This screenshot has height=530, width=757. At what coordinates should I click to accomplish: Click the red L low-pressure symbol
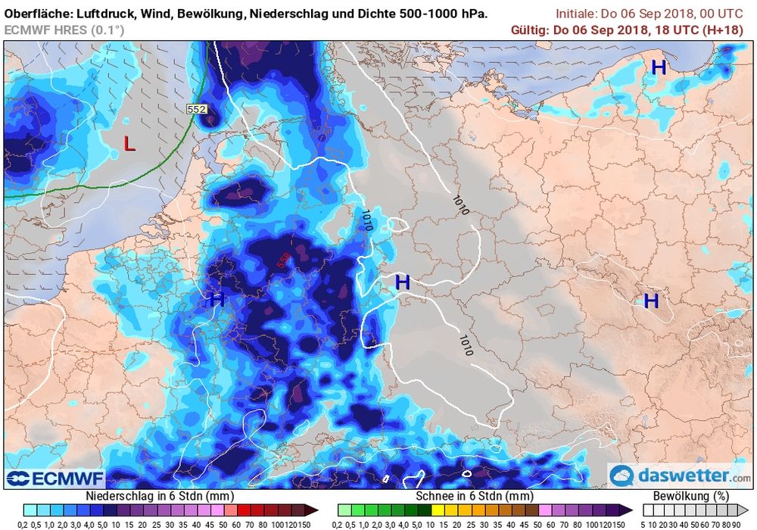pos(129,143)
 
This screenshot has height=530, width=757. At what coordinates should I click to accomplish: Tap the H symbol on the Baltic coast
pos(659,67)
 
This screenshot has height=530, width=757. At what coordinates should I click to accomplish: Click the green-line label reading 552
pos(196,109)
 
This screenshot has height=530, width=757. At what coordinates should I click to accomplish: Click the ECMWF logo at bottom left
pos(54,478)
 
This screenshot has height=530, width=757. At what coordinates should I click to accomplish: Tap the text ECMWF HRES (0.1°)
pos(64,30)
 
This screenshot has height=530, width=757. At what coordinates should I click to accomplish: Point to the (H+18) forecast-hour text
pos(726,30)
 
